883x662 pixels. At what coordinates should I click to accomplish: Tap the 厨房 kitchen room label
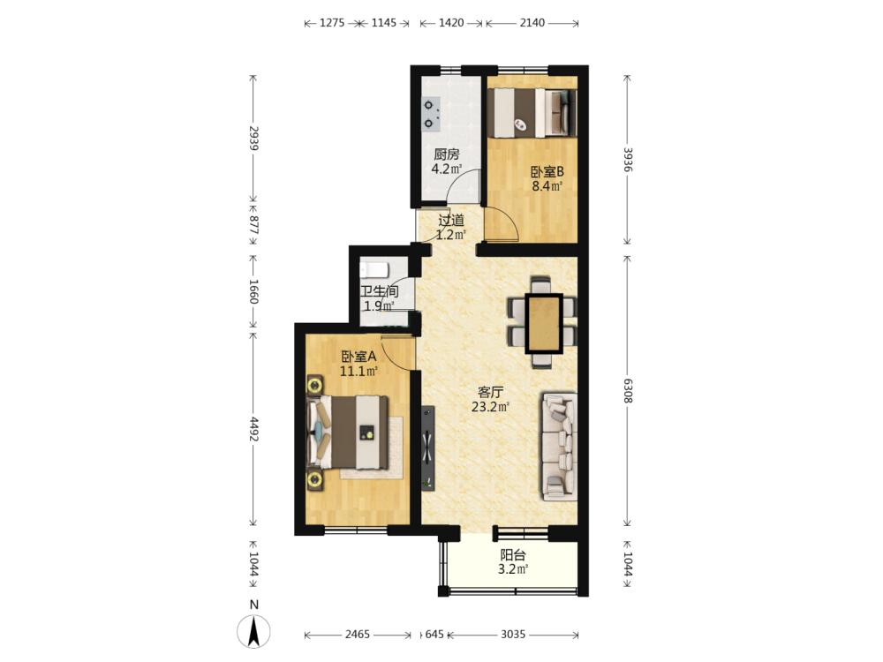(447, 154)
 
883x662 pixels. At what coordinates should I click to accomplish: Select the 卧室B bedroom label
(547, 172)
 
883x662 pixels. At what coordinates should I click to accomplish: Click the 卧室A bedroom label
(358, 357)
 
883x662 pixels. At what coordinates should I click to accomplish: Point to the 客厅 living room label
(490, 393)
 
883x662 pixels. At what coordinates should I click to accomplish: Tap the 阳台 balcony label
(513, 555)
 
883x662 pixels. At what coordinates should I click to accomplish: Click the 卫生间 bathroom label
(380, 291)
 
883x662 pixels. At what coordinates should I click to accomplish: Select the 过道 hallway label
(451, 220)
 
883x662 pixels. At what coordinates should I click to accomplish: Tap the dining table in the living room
(543, 323)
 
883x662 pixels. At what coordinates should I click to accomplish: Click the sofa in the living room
(560, 447)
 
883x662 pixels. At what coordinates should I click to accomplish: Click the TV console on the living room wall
(428, 448)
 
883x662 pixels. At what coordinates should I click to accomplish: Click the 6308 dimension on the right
(628, 390)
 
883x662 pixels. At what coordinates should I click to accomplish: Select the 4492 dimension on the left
(253, 429)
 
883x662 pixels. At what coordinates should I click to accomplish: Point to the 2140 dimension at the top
(532, 23)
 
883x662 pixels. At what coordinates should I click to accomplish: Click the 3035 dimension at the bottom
(513, 635)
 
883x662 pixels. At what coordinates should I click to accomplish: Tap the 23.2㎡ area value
(490, 406)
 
